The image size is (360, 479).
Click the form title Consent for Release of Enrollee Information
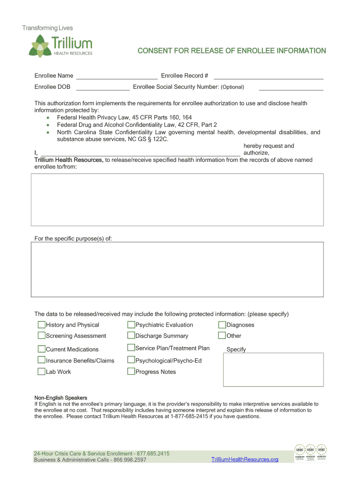pyautogui.click(x=231, y=51)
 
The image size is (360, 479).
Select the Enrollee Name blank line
pyautogui.click(x=116, y=76)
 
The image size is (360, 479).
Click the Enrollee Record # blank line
pyautogui.click(x=268, y=76)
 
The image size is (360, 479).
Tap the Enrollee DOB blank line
pyautogui.click(x=102, y=87)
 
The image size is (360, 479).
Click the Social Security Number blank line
pyautogui.click(x=291, y=87)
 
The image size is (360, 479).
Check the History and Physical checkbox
pyautogui.click(x=42, y=325)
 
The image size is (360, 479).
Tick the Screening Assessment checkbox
pyautogui.click(x=42, y=335)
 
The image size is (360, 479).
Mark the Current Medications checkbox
pyautogui.click(x=42, y=349)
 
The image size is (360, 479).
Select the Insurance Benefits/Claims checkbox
pyautogui.click(x=42, y=360)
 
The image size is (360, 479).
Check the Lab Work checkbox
pyautogui.click(x=42, y=371)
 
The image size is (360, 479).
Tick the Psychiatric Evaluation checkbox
pyautogui.click(x=131, y=325)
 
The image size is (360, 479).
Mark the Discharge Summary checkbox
pyautogui.click(x=131, y=335)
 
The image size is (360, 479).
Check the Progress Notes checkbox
pyautogui.click(x=131, y=371)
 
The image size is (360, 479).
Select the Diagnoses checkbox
pyautogui.click(x=223, y=325)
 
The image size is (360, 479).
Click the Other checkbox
pyautogui.click(x=223, y=335)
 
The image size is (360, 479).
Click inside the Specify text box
pyautogui.click(x=273, y=370)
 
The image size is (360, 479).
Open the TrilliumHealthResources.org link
pyautogui.click(x=245, y=459)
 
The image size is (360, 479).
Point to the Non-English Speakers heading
pyautogui.click(x=61, y=398)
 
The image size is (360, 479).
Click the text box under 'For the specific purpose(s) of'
pyautogui.click(x=177, y=269)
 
